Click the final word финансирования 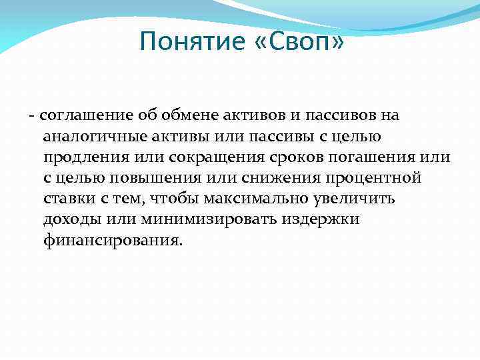click(x=111, y=240)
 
